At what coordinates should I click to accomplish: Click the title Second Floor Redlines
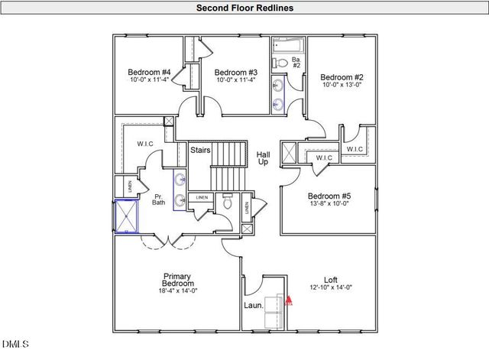(244, 8)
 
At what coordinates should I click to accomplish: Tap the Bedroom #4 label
(148, 73)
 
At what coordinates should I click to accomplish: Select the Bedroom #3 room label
(235, 73)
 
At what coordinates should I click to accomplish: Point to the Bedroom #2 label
(341, 77)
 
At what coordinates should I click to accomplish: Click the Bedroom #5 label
(329, 195)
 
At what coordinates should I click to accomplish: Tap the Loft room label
(330, 280)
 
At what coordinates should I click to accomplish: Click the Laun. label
(253, 306)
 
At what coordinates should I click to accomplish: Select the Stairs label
(200, 150)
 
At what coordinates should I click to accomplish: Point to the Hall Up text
(263, 158)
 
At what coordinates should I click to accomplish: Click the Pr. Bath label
(159, 199)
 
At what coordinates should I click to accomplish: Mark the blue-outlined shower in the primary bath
(126, 216)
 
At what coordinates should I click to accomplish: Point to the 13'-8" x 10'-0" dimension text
(329, 204)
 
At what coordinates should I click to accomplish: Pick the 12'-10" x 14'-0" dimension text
(330, 288)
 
